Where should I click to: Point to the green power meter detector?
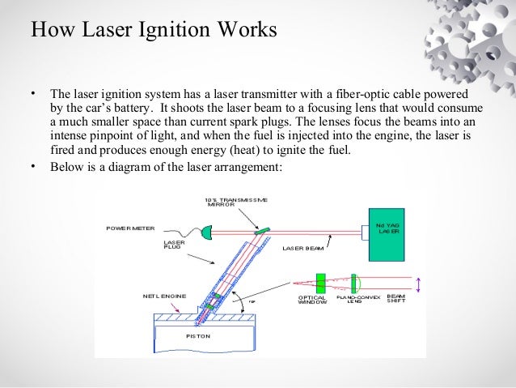(x=205, y=233)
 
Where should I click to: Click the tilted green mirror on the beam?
(x=261, y=232)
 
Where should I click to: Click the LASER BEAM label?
(x=302, y=249)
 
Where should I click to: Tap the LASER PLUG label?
(x=173, y=244)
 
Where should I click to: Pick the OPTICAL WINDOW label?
(x=312, y=300)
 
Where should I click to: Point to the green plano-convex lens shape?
(x=354, y=283)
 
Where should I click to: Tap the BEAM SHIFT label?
(x=396, y=299)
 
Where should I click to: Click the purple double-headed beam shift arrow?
(x=418, y=284)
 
